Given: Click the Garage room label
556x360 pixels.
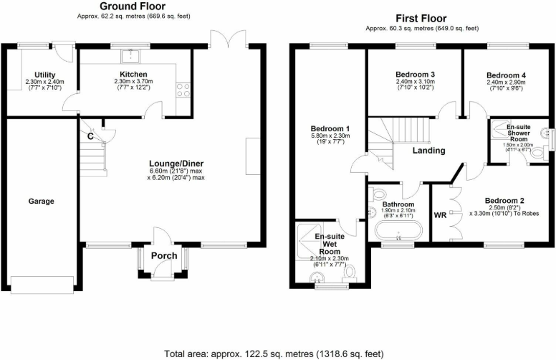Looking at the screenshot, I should (41, 202).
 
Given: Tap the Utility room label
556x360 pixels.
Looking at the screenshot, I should (44, 75).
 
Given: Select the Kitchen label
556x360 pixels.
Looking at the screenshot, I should (134, 75).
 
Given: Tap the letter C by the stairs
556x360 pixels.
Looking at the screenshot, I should (90, 136).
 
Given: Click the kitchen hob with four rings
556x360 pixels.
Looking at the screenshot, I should (181, 90).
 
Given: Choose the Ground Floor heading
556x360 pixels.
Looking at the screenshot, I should (129, 6).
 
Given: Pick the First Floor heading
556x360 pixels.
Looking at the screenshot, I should (421, 18).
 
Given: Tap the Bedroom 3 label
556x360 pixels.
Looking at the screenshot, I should (415, 75).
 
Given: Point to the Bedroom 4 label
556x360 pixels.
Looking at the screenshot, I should (506, 75).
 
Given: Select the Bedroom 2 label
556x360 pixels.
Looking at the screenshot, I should (504, 200).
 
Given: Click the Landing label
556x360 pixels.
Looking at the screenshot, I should (428, 151).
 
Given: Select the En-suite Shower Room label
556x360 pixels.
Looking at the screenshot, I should (518, 133).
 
